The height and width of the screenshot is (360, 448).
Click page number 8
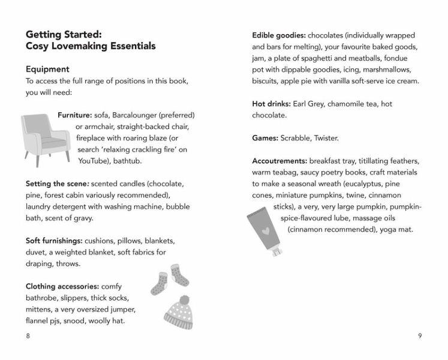click(x=28, y=335)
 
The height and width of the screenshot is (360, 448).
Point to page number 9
click(x=419, y=335)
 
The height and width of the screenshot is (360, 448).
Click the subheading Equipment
click(x=47, y=69)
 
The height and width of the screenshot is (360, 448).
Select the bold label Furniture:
click(x=74, y=115)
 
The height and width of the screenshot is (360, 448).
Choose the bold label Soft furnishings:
click(x=55, y=241)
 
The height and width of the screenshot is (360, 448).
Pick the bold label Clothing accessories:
click(x=62, y=286)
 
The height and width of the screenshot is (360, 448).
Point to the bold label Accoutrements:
click(x=280, y=161)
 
